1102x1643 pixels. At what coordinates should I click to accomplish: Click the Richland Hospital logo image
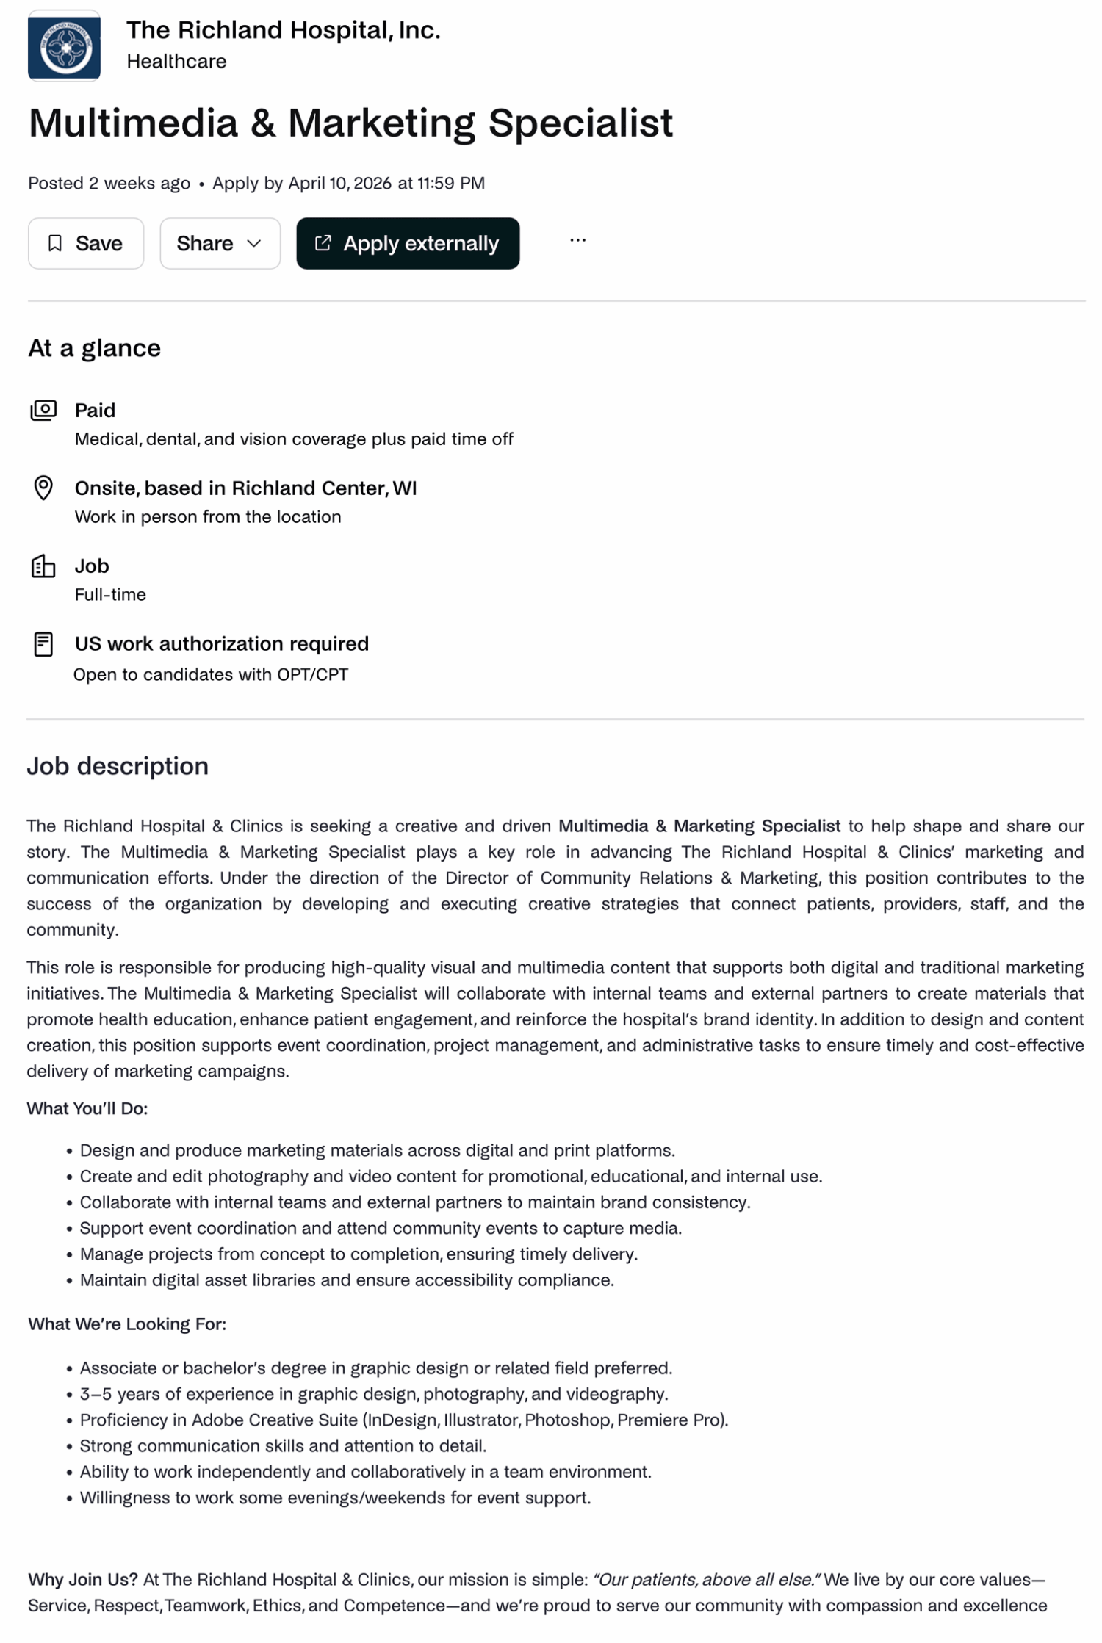click(65, 46)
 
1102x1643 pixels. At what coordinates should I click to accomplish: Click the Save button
click(86, 243)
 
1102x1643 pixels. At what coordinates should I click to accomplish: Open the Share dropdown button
click(220, 243)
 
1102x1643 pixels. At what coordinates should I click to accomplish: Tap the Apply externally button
click(408, 243)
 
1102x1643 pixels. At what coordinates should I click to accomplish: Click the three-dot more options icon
click(577, 240)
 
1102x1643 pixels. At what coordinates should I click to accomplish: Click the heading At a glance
click(94, 348)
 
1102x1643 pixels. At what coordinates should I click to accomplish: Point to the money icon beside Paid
click(43, 410)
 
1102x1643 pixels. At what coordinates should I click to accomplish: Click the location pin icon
click(43, 488)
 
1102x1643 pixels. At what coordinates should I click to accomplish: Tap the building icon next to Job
click(43, 566)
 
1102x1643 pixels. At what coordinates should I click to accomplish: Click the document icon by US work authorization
click(43, 644)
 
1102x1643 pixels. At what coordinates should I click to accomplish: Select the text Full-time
click(110, 594)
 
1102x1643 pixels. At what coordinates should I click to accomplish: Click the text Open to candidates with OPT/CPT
click(211, 674)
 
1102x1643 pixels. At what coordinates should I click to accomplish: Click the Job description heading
click(118, 766)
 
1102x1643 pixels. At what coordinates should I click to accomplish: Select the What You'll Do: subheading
click(87, 1108)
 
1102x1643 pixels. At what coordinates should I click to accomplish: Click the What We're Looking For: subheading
click(127, 1324)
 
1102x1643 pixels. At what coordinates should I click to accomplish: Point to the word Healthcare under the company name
click(176, 62)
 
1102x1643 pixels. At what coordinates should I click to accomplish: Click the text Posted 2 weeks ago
click(109, 183)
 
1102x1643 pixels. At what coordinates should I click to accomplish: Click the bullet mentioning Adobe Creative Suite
click(403, 1420)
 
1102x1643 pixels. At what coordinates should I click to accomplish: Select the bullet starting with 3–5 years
click(373, 1394)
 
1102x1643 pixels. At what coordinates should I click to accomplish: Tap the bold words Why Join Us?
click(82, 1579)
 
